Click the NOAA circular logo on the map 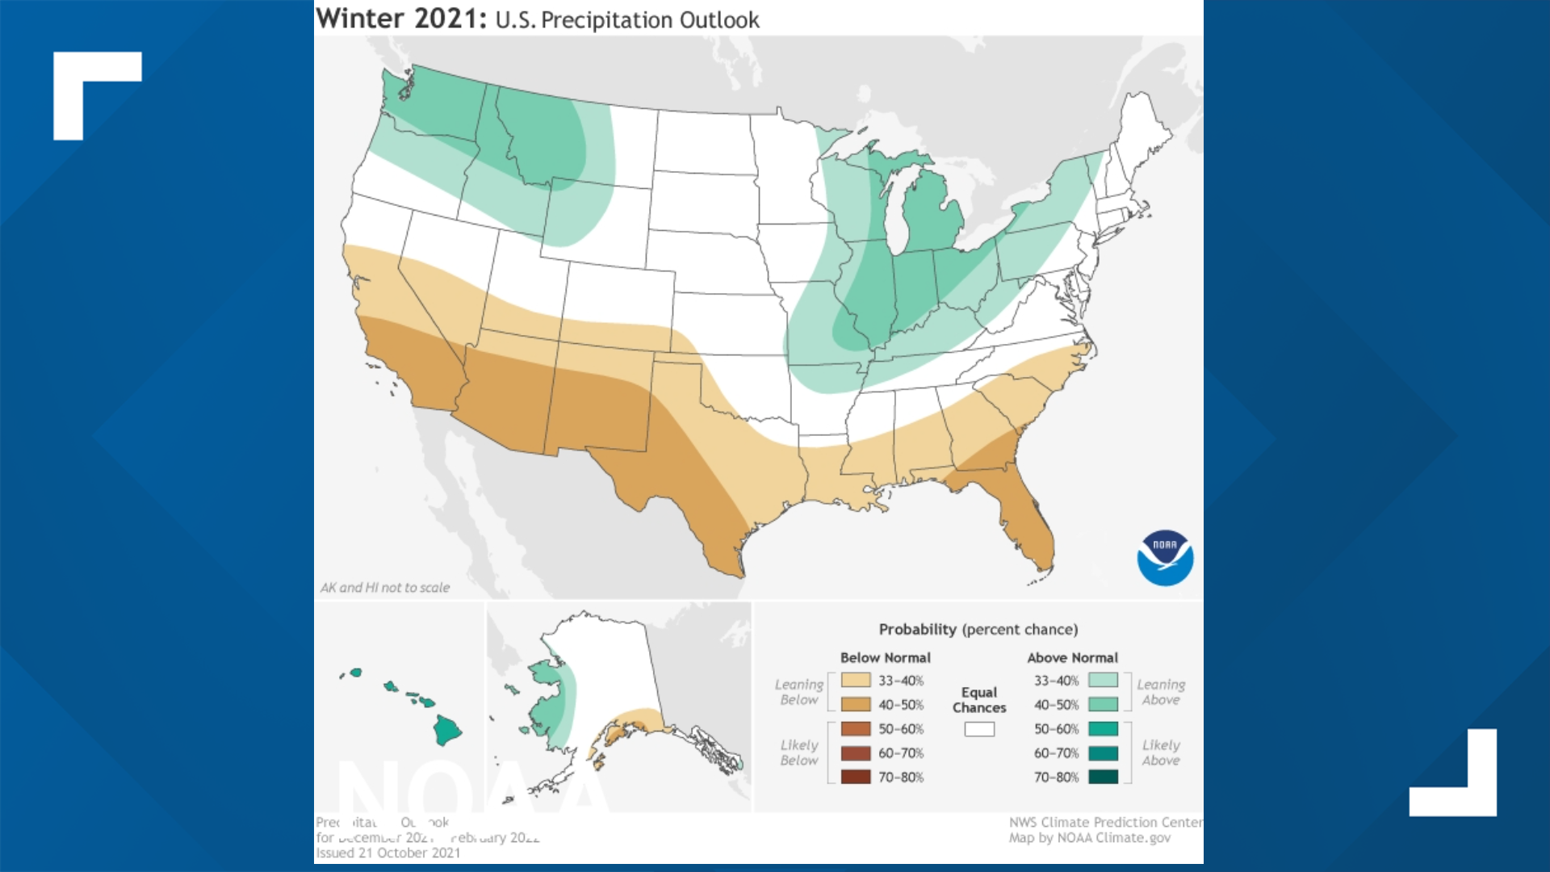(1165, 558)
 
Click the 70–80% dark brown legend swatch (856, 777)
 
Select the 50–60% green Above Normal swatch (1103, 728)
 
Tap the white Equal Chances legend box (979, 729)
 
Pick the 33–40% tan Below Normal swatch (856, 680)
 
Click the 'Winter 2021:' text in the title (401, 19)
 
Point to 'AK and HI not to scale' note (385, 588)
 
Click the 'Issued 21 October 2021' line (388, 853)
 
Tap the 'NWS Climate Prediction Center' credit (1104, 822)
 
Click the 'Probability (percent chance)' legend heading (978, 629)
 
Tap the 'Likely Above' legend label (1160, 753)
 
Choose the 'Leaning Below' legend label (798, 692)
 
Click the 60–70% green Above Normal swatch (1103, 753)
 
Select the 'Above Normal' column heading (1072, 657)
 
